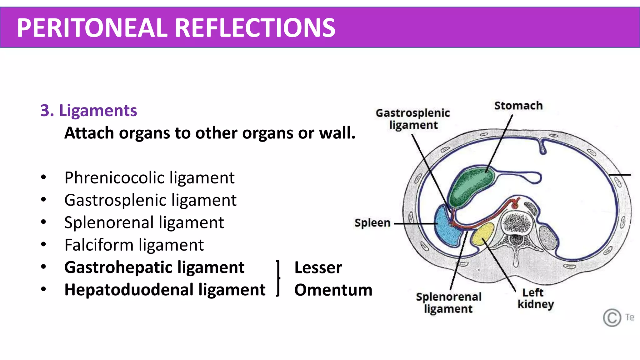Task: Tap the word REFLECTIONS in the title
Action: (x=255, y=28)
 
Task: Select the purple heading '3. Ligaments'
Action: (x=89, y=111)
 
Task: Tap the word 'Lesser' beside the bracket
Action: (x=318, y=268)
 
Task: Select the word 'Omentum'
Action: (x=333, y=290)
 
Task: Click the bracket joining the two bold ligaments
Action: (x=278, y=278)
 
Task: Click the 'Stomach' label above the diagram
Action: (x=518, y=106)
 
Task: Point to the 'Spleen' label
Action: (x=372, y=223)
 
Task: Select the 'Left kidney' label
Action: (x=535, y=298)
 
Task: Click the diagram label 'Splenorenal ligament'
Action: (x=448, y=302)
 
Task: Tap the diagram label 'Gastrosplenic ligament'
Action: (x=412, y=119)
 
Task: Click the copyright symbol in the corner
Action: (x=612, y=318)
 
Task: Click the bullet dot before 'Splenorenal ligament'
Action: (x=43, y=222)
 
